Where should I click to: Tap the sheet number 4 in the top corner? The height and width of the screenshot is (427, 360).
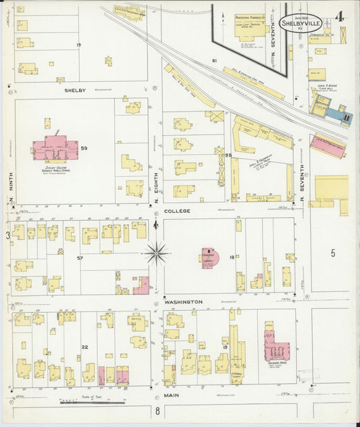(342, 16)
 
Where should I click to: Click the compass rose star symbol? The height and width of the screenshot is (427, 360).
(156, 253)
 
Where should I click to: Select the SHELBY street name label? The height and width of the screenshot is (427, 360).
(76, 90)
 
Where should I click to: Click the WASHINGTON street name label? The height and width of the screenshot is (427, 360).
(184, 302)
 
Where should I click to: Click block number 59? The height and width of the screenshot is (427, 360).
(103, 147)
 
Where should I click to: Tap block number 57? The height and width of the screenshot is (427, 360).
(80, 258)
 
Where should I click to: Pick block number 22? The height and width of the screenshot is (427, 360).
(85, 347)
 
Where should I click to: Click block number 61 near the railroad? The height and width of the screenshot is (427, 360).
(214, 61)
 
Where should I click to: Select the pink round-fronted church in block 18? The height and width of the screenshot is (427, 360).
(209, 257)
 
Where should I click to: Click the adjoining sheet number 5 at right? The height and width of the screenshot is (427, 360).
(332, 253)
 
